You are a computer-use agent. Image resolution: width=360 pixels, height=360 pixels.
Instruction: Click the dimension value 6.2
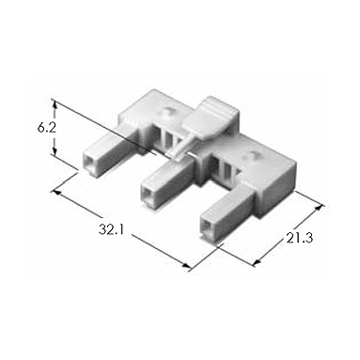(47, 128)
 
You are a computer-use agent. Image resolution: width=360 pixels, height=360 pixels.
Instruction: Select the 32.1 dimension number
(112, 230)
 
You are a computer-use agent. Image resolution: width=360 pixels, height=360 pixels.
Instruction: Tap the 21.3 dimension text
(300, 239)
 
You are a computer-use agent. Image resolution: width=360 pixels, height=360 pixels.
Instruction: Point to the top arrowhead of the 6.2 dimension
(55, 103)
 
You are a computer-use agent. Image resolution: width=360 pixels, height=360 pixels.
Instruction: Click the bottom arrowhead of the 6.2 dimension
(55, 151)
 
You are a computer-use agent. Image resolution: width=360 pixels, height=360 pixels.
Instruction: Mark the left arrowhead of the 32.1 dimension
(56, 192)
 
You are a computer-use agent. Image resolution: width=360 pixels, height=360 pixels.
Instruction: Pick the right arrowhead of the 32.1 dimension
(186, 266)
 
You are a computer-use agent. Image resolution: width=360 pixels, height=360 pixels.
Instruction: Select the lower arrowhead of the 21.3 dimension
(257, 263)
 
